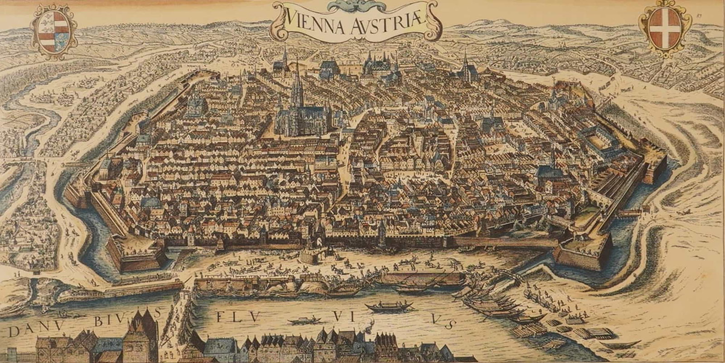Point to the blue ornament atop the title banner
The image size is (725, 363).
[x=356, y=5]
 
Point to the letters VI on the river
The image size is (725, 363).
[x=342, y=315]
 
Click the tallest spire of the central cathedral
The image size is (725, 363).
[x=298, y=88]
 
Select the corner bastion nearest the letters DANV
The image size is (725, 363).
[x=136, y=256]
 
